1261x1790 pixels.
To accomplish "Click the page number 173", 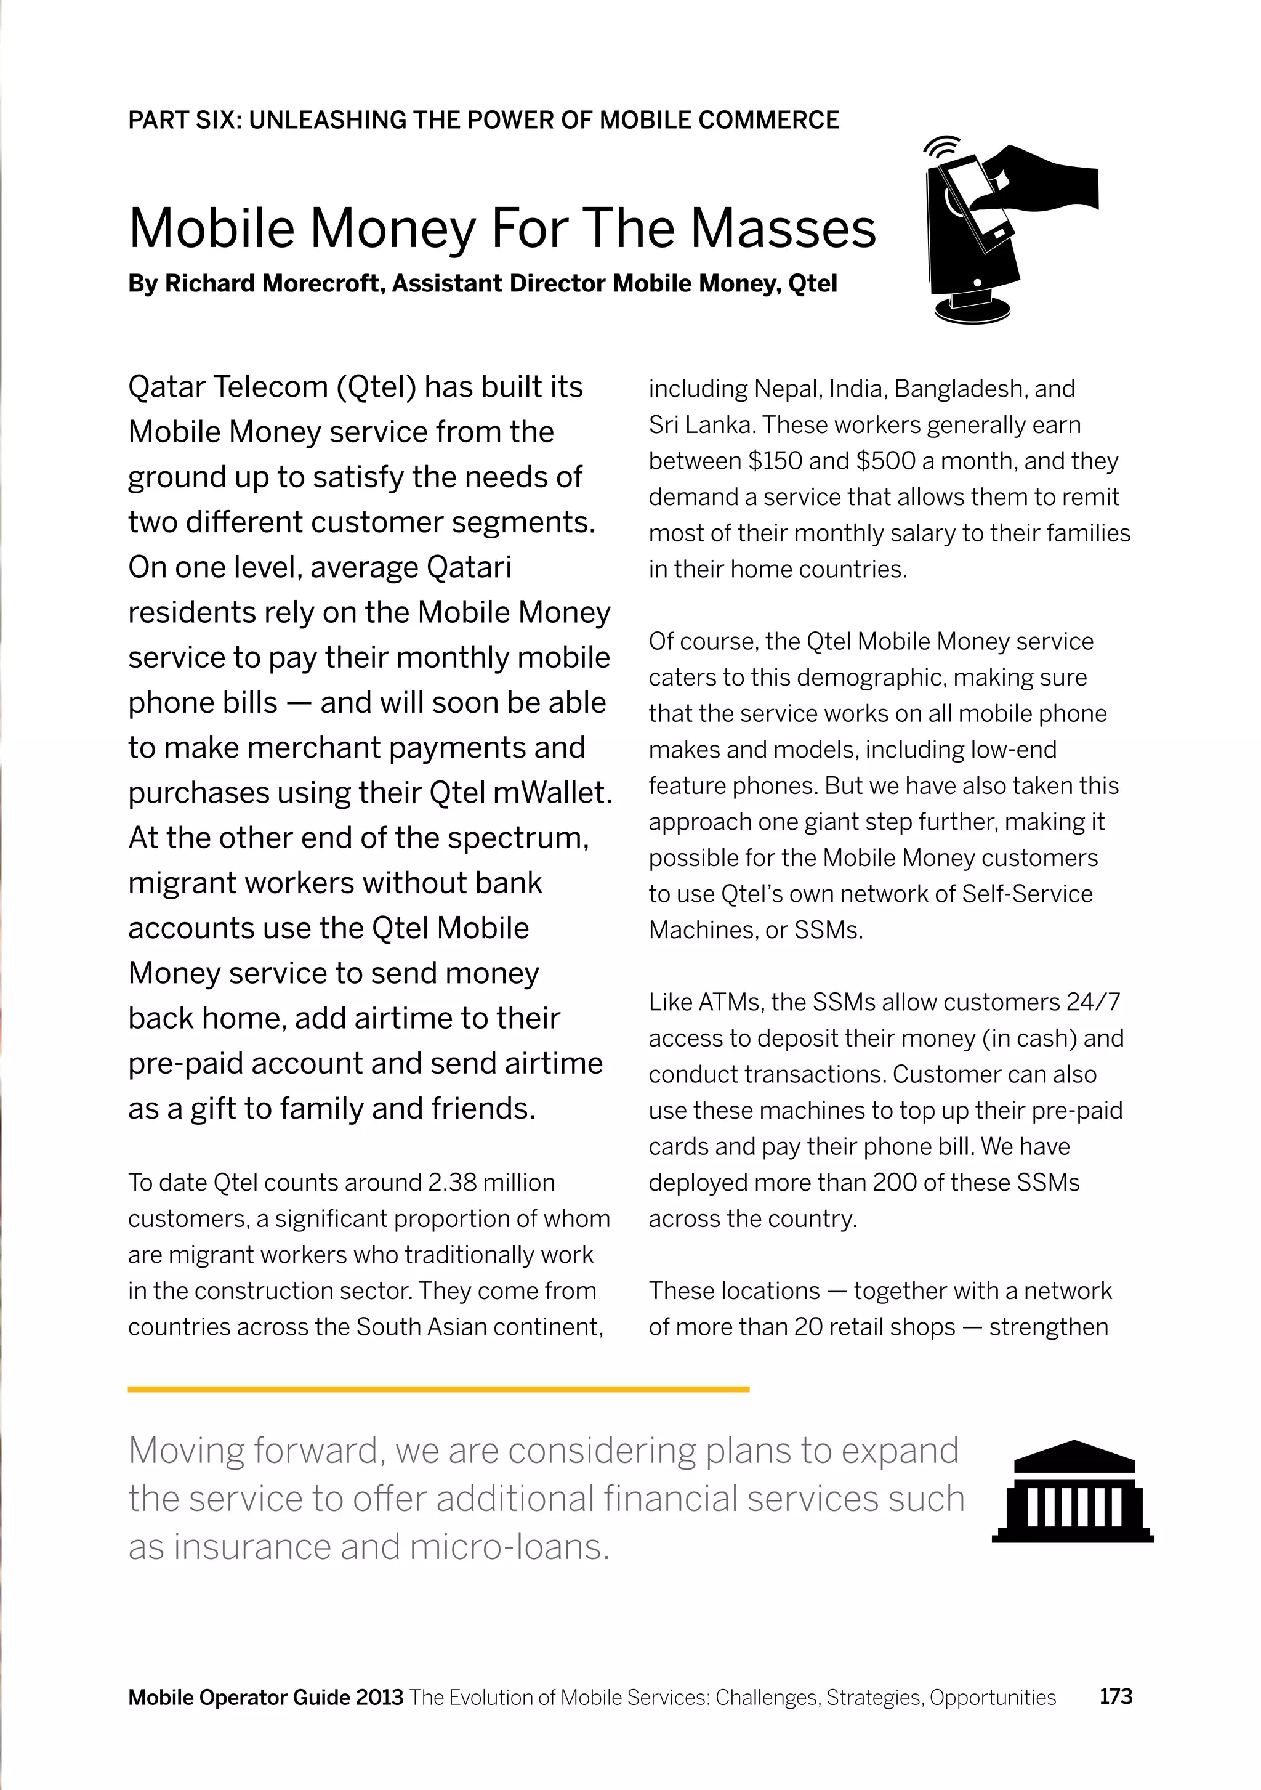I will coord(1115,1696).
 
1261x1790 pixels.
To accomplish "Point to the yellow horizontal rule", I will coord(438,1389).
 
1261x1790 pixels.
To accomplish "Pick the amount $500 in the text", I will coord(885,461).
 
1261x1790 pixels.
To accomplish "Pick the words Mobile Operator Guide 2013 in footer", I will coord(266,1697).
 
